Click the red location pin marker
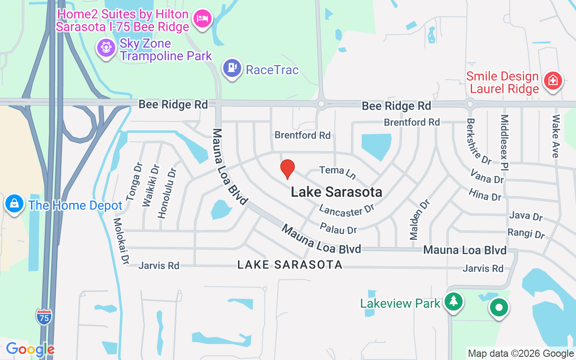287,169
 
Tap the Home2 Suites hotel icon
202,19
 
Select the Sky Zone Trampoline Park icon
106,47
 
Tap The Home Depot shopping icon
14,204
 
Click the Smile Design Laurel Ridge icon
553,81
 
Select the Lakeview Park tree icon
454,301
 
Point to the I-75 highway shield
44,316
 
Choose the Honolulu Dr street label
166,193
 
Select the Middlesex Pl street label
504,142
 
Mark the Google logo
30,349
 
